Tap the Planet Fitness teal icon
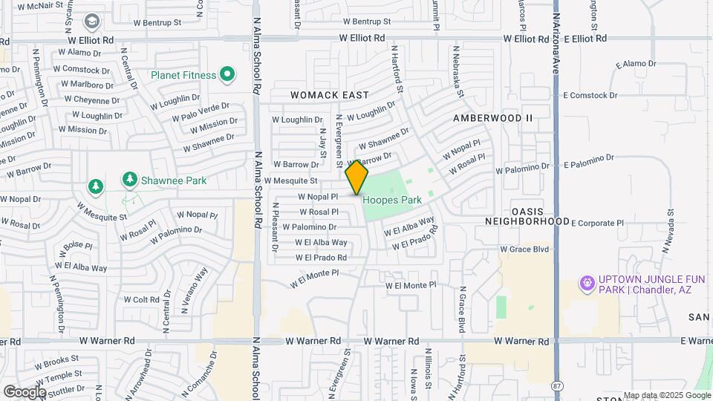(x=227, y=74)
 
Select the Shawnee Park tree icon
(x=130, y=180)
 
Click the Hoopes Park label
(x=392, y=200)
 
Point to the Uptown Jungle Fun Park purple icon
(x=587, y=284)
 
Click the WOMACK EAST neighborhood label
(x=329, y=95)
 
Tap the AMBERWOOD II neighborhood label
(x=493, y=117)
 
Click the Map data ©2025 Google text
(x=665, y=395)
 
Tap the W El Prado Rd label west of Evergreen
(x=321, y=258)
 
